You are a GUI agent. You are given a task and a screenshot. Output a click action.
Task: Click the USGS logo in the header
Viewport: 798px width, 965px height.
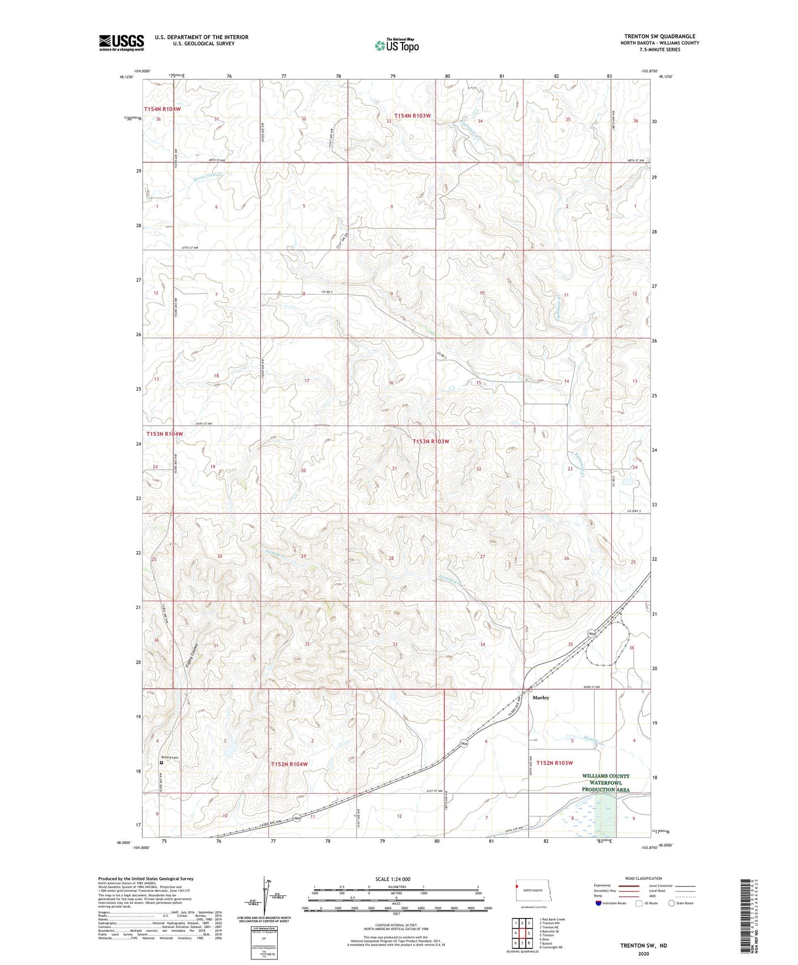pos(121,43)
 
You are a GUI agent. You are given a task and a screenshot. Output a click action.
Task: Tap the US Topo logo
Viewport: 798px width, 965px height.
pos(396,45)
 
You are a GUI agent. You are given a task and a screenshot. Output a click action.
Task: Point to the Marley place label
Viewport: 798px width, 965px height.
pos(541,697)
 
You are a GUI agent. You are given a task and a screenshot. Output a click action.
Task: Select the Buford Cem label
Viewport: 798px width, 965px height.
pos(170,757)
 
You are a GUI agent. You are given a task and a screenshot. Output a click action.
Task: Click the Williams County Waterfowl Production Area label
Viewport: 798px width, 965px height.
pos(605,783)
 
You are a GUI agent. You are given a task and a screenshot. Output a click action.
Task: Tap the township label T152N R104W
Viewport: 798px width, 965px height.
pos(289,764)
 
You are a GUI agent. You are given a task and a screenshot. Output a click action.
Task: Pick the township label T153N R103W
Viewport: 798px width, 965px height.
pos(431,442)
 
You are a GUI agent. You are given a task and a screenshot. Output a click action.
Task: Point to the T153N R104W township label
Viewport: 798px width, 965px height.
pos(164,434)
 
